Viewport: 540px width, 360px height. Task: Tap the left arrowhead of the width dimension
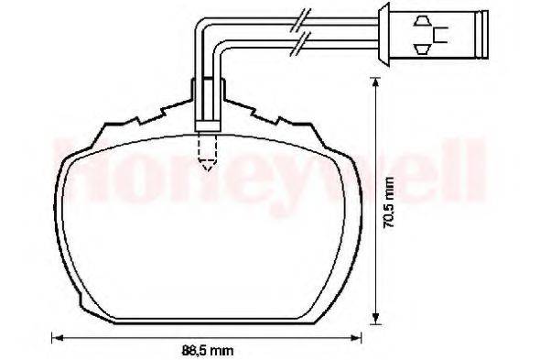click(54, 334)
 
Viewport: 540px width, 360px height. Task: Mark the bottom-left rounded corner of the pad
click(87, 302)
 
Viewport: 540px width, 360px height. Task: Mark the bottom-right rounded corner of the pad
click(329, 302)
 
